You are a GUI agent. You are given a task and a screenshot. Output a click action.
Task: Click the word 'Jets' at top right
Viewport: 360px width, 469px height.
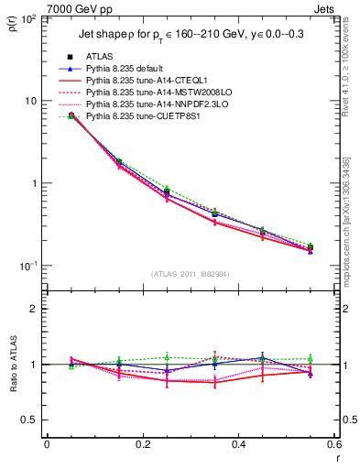(326, 8)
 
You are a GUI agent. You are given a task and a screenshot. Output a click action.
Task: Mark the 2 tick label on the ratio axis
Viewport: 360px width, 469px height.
(34, 309)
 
